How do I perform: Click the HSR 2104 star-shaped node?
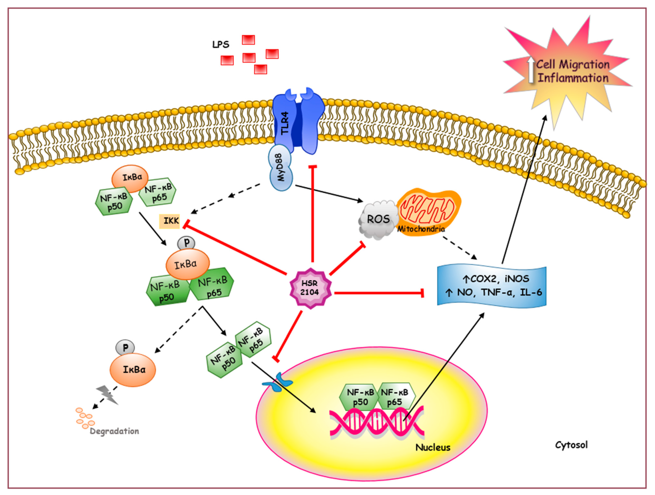pyautogui.click(x=310, y=288)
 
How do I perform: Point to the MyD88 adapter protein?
pyautogui.click(x=281, y=168)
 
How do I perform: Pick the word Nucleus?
pyautogui.click(x=433, y=447)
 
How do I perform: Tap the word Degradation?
pyautogui.click(x=114, y=431)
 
